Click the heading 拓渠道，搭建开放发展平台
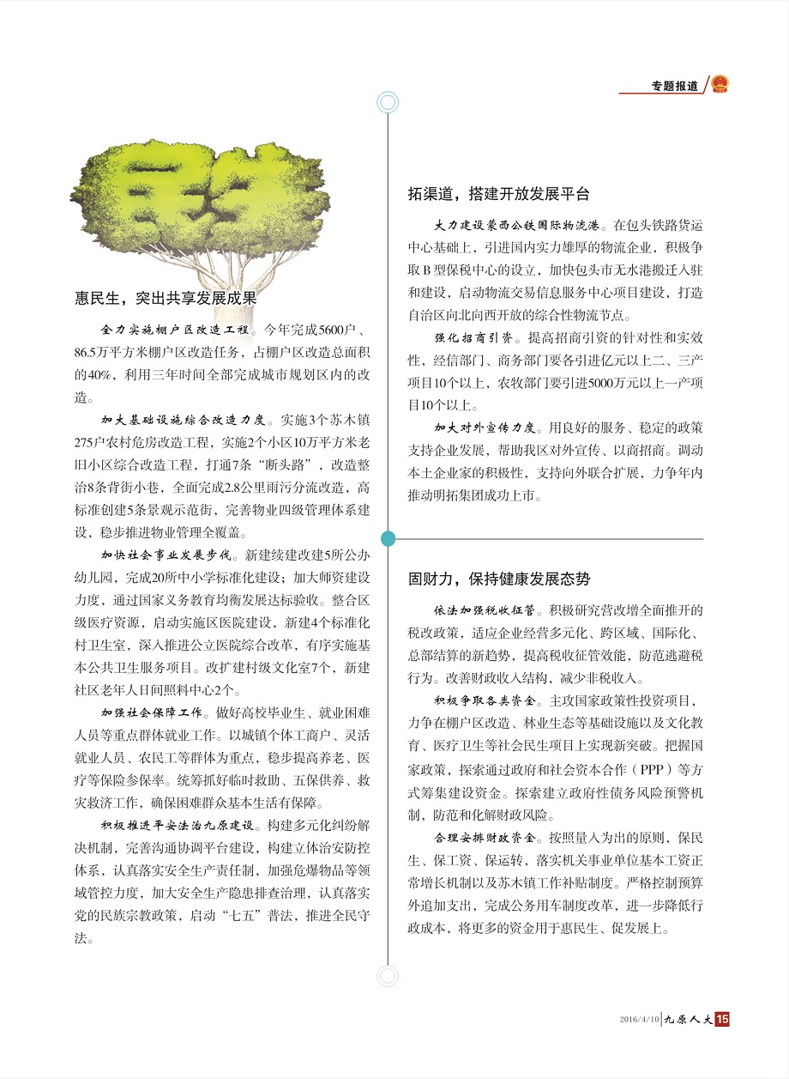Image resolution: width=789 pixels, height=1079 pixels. click(498, 194)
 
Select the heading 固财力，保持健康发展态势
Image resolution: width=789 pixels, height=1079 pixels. click(498, 579)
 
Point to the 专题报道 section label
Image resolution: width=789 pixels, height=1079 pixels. click(674, 86)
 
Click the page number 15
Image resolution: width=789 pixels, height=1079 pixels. click(721, 1019)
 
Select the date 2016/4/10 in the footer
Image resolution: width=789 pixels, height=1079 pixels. click(639, 1020)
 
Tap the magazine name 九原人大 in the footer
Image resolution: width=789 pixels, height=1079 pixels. click(689, 1020)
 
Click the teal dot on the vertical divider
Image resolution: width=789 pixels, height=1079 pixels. click(388, 538)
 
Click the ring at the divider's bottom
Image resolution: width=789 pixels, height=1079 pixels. click(388, 975)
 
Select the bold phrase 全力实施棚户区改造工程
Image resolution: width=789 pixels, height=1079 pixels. click(174, 330)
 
